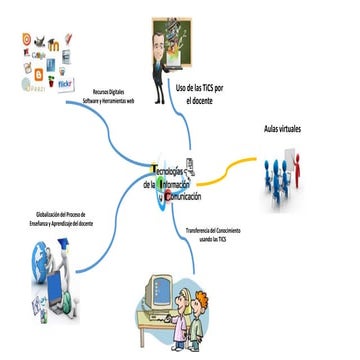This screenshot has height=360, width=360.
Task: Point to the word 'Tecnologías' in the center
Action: click(x=173, y=173)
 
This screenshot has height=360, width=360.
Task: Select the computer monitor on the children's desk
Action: click(x=155, y=292)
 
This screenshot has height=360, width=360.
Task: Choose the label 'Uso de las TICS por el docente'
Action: click(x=198, y=94)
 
